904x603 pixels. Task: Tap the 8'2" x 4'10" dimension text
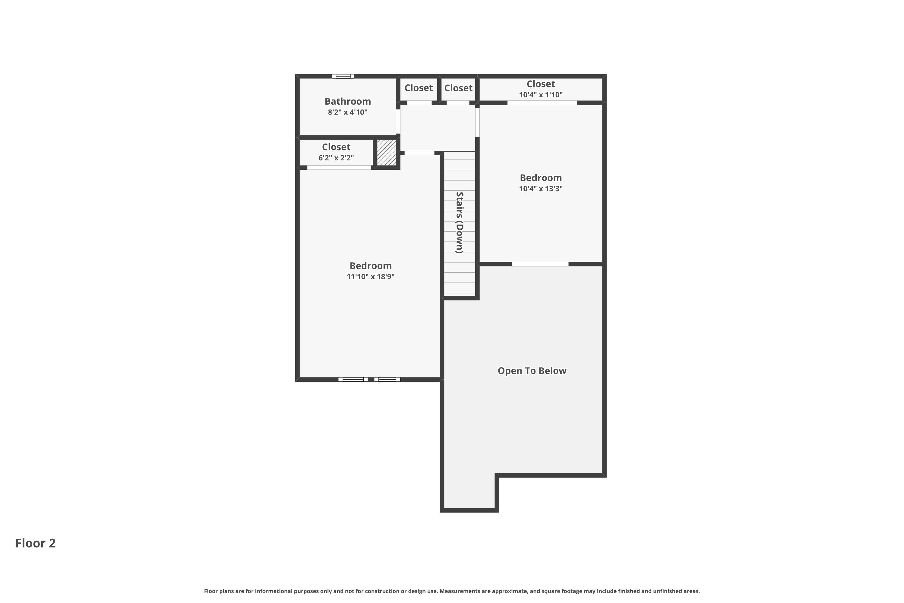tap(347, 112)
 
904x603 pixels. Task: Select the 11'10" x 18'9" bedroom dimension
tap(371, 276)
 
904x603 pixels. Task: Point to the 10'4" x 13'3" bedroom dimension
tap(541, 188)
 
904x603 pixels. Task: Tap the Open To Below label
tap(532, 371)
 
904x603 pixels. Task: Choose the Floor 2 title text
tap(35, 543)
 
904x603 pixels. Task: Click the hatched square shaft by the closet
tap(386, 153)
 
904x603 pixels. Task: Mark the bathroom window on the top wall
tap(343, 76)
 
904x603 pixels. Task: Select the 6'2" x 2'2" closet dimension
tap(336, 158)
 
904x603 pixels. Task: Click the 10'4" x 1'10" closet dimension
tap(541, 95)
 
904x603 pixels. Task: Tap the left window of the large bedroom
tap(353, 380)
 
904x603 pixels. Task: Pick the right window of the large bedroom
tap(387, 380)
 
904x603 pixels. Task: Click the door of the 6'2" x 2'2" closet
tap(339, 167)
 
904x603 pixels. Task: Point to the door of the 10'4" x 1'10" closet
tap(542, 103)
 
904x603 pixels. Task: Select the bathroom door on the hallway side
tap(398, 122)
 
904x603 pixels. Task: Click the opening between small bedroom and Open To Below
tap(540, 264)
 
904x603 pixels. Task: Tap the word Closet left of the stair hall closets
tap(419, 88)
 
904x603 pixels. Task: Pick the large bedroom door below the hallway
tap(419, 153)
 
